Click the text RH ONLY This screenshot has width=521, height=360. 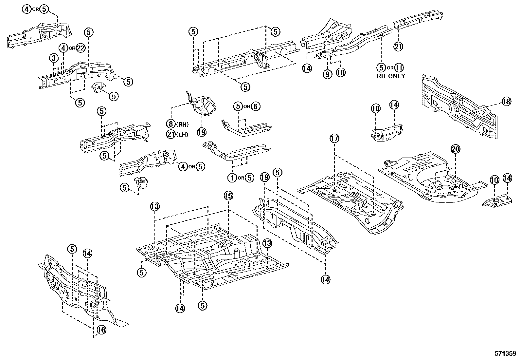tap(391, 76)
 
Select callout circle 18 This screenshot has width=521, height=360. tap(506, 102)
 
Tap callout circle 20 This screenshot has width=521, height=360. tap(456, 149)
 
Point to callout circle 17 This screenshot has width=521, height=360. tap(334, 139)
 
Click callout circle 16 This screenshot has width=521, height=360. tap(101, 330)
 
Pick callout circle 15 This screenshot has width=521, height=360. tap(228, 196)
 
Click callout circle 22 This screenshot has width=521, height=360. tap(81, 48)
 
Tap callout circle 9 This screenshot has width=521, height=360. tap(327, 74)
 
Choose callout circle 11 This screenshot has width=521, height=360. tap(399, 68)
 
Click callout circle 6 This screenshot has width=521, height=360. tap(256, 106)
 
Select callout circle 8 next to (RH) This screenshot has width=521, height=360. tap(171, 124)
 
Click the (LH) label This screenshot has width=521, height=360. tap(183, 135)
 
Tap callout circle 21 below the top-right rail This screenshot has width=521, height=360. tap(398, 47)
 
